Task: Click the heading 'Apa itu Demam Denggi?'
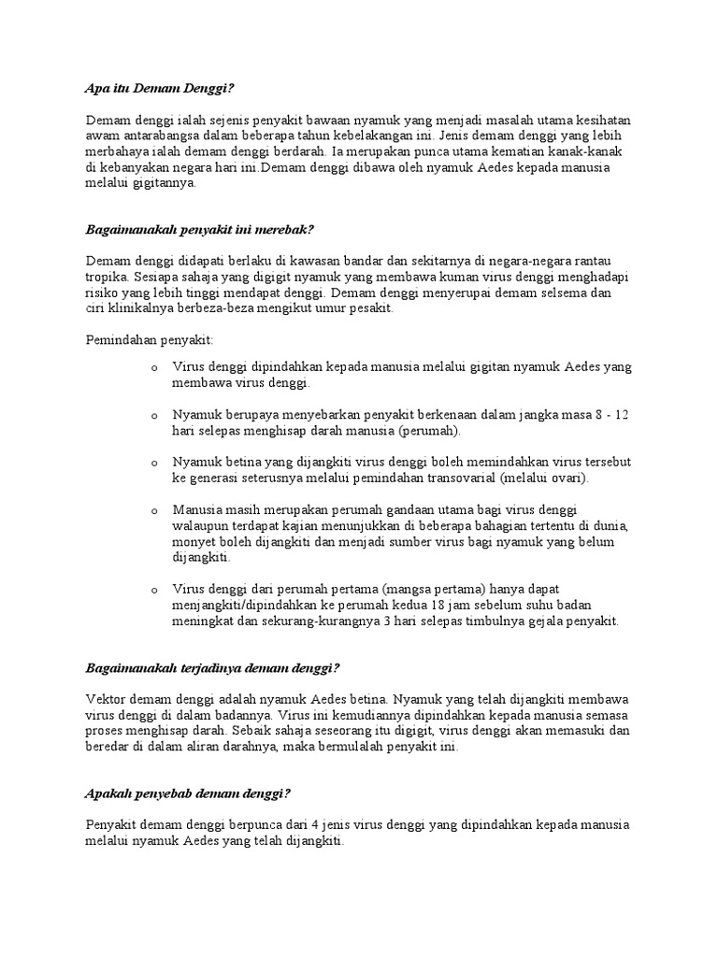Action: pos(159,89)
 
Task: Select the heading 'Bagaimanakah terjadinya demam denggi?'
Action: pos(211,668)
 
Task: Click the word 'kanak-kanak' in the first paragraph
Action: pos(598,152)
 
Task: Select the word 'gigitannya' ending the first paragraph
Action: pos(165,184)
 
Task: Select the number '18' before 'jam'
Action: pos(438,606)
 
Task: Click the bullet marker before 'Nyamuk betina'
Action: pos(153,463)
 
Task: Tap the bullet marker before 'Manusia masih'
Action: pos(153,510)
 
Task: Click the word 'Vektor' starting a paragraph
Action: pos(107,699)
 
